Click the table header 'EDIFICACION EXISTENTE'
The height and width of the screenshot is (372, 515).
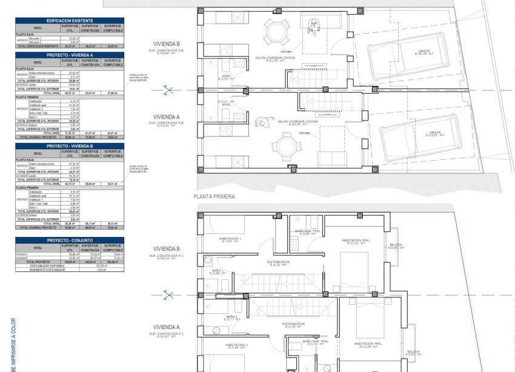click(x=69, y=20)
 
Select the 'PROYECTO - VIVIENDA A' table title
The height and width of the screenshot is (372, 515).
click(x=69, y=55)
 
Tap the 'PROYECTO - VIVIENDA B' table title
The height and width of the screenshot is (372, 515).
click(x=69, y=146)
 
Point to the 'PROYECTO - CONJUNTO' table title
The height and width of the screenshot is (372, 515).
click(x=69, y=240)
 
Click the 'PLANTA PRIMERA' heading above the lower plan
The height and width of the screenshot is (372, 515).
click(x=214, y=196)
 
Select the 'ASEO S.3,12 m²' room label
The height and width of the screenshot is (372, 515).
click(x=225, y=78)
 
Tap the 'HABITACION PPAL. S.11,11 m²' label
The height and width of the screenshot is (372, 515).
click(x=354, y=242)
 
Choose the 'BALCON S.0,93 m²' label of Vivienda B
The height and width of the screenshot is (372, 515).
click(x=396, y=246)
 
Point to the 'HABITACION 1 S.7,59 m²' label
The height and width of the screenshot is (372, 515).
click(x=230, y=240)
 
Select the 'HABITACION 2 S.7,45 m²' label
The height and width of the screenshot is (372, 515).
click(x=238, y=346)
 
